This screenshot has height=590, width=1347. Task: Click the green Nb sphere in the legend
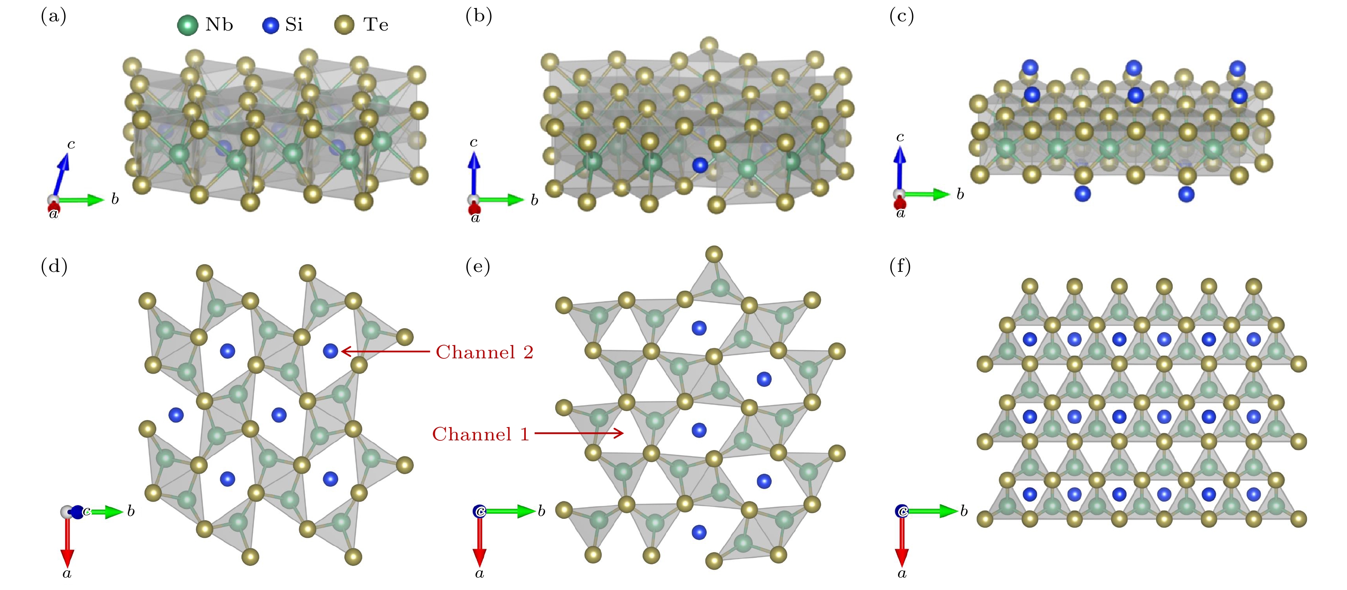(x=187, y=25)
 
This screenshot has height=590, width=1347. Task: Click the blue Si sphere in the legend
(x=271, y=25)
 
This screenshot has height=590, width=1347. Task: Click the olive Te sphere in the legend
(x=344, y=25)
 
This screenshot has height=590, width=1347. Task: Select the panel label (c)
(x=901, y=17)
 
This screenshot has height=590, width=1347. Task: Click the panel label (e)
(x=477, y=267)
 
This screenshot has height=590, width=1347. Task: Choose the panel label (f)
(x=900, y=267)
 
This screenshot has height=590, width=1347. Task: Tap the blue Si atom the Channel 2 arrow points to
(x=331, y=351)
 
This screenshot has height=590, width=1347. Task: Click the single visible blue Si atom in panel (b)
(x=700, y=166)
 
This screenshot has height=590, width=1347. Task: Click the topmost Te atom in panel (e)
(x=714, y=255)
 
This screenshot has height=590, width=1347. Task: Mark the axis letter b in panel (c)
(x=960, y=194)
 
